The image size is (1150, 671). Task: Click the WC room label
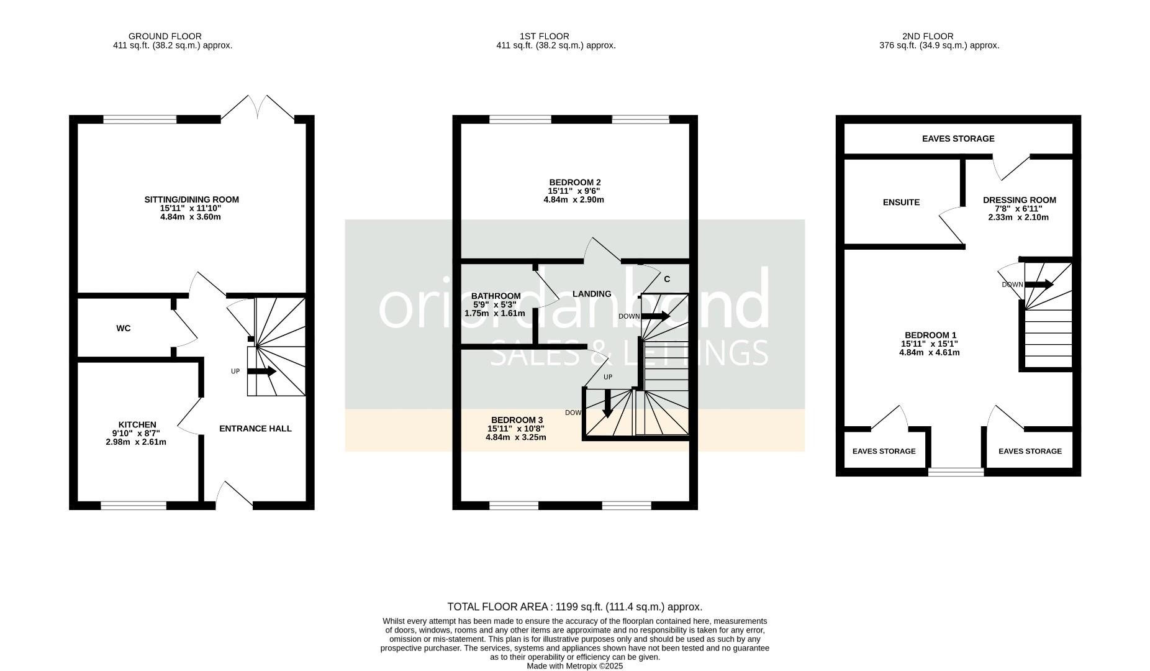pyautogui.click(x=124, y=328)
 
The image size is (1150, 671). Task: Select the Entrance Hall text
pyautogui.click(x=255, y=429)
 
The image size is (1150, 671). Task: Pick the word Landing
pyautogui.click(x=592, y=294)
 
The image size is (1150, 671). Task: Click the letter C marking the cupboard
pyautogui.click(x=667, y=279)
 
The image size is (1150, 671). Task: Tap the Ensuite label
pyautogui.click(x=901, y=202)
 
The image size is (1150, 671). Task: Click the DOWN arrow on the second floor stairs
pyautogui.click(x=1039, y=285)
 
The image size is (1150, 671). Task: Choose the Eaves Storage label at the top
pyautogui.click(x=958, y=139)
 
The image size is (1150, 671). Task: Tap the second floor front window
pyautogui.click(x=956, y=472)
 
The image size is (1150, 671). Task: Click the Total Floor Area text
pyautogui.click(x=575, y=607)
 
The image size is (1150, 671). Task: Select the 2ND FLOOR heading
pyautogui.click(x=928, y=36)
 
